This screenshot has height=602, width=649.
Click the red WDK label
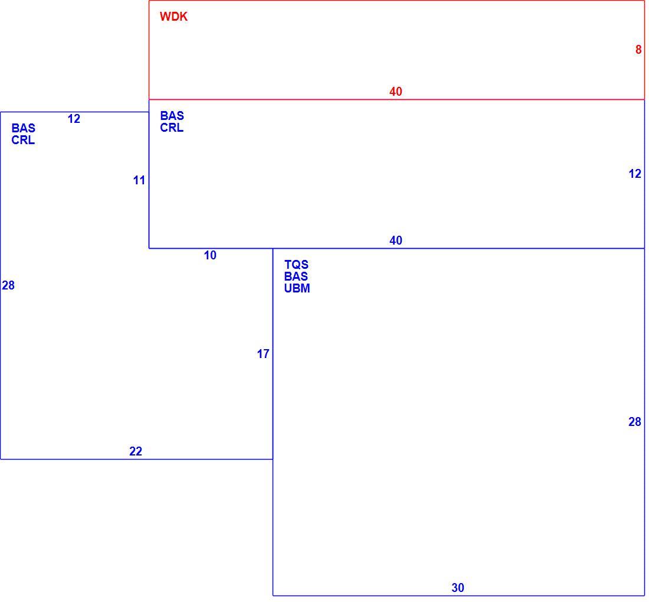pyautogui.click(x=173, y=17)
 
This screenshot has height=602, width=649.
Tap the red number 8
pyautogui.click(x=638, y=50)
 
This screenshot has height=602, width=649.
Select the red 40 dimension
pyautogui.click(x=396, y=92)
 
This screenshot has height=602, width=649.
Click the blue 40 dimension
pyautogui.click(x=396, y=240)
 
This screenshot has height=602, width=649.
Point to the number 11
pyautogui.click(x=139, y=180)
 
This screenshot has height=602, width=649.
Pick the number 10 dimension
pyautogui.click(x=210, y=255)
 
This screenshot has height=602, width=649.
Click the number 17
pyautogui.click(x=263, y=354)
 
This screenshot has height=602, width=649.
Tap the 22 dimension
pyautogui.click(x=136, y=451)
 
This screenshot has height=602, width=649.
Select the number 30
pyautogui.click(x=458, y=587)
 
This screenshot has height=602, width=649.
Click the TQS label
pyautogui.click(x=296, y=264)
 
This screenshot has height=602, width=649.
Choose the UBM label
pyautogui.click(x=297, y=288)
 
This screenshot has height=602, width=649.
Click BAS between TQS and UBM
pyautogui.click(x=296, y=276)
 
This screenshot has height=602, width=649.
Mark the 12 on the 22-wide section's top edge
pyautogui.click(x=74, y=119)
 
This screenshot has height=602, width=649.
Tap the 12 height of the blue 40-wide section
pyautogui.click(x=635, y=174)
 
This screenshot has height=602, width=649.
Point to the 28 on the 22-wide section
pyautogui.click(x=8, y=285)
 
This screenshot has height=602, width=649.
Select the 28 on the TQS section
pyautogui.click(x=634, y=422)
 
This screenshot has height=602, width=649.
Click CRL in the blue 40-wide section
pyautogui.click(x=172, y=128)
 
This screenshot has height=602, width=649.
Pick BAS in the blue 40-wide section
pyautogui.click(x=172, y=116)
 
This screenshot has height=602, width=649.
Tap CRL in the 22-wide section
pyautogui.click(x=23, y=140)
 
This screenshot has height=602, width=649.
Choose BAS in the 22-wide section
pyautogui.click(x=24, y=128)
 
